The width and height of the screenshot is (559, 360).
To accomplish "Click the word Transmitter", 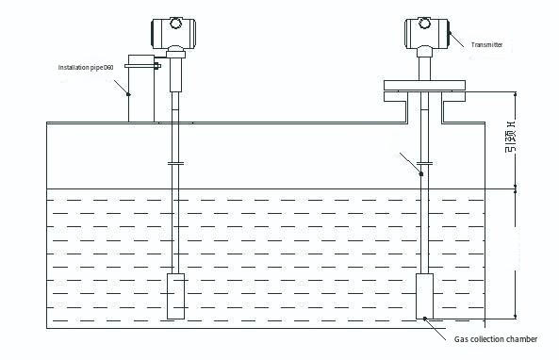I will click(x=486, y=44).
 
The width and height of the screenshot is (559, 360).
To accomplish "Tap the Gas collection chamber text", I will click(x=496, y=338).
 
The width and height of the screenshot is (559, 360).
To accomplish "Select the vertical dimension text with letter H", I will click(x=510, y=138).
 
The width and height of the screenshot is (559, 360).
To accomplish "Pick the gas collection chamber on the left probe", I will click(x=176, y=296).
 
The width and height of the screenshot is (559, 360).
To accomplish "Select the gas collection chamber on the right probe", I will click(x=426, y=296).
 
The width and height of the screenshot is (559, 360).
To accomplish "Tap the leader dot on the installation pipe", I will click(x=129, y=93).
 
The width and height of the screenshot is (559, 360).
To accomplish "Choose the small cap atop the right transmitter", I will click(x=426, y=17).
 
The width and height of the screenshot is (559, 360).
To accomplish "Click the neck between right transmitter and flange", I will click(x=425, y=66).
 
